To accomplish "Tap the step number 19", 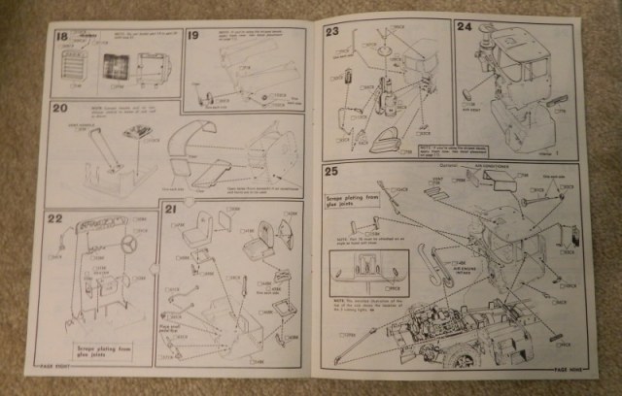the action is point(193,36).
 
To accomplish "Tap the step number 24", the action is point(465,28).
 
